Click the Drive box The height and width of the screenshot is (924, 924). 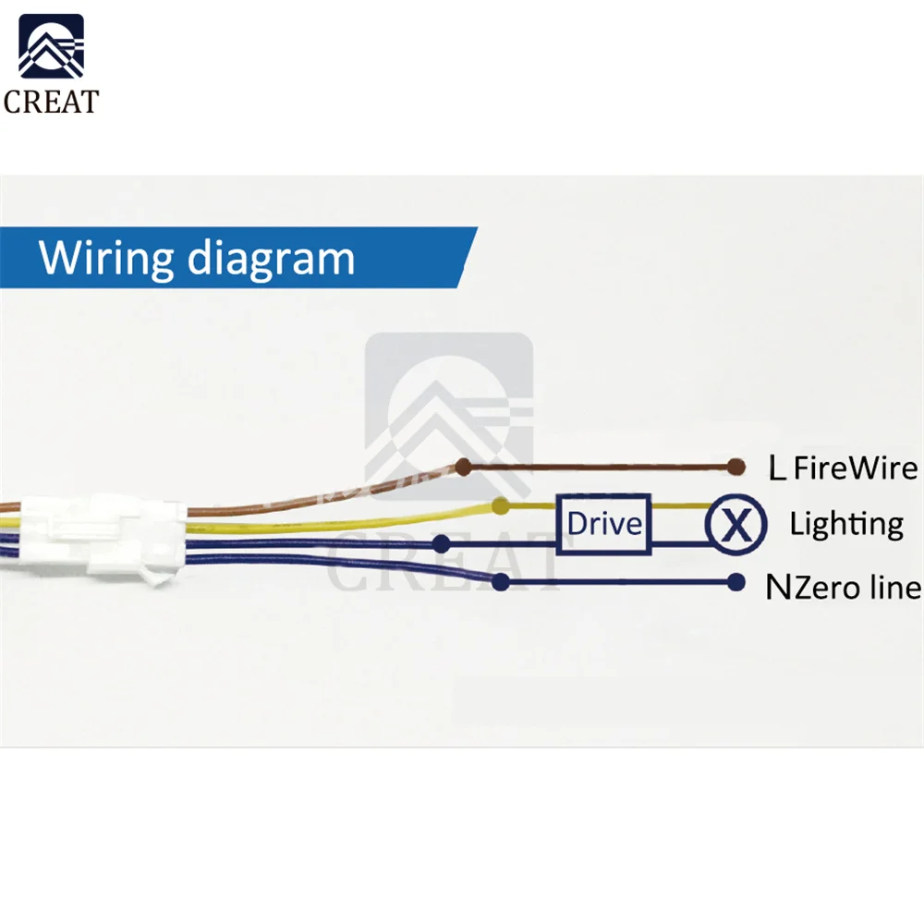click(x=604, y=524)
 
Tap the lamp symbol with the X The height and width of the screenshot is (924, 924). click(x=736, y=524)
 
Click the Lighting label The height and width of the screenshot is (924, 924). click(x=845, y=524)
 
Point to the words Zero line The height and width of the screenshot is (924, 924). click(x=857, y=587)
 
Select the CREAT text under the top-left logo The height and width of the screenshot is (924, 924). click(x=51, y=102)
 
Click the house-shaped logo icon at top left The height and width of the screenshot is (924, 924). click(x=51, y=46)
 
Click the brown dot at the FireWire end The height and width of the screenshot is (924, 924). click(x=736, y=467)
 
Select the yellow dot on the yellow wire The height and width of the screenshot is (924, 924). click(x=501, y=505)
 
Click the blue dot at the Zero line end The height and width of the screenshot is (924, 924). click(x=736, y=582)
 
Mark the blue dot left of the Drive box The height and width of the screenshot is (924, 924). click(x=442, y=543)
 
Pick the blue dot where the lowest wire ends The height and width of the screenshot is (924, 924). click(x=501, y=582)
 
